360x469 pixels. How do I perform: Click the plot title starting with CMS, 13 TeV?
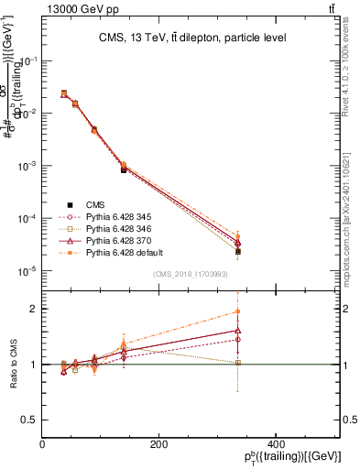point(192,38)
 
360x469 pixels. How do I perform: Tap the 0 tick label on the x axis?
point(42,444)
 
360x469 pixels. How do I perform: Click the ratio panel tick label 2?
point(34,309)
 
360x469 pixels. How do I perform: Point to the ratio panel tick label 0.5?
point(29,420)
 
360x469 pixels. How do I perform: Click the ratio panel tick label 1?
point(34,365)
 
